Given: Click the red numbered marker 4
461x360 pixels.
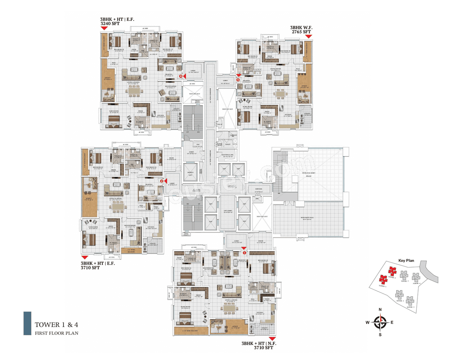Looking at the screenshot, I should [x=181, y=76].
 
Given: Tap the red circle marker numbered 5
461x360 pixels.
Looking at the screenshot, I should [x=238, y=80].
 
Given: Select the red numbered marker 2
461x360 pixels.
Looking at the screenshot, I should [x=162, y=181].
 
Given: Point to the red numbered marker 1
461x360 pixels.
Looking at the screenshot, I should [x=244, y=253].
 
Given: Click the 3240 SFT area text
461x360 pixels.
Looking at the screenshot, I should [x=110, y=24].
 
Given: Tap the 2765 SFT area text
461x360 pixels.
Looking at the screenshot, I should [x=301, y=32].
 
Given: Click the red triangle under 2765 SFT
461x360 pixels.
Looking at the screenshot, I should [x=308, y=36].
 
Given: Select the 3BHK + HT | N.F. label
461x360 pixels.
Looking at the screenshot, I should [x=259, y=343].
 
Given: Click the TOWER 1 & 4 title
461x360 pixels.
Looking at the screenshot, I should [x=57, y=325].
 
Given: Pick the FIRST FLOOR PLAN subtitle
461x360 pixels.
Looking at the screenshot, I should [x=57, y=333].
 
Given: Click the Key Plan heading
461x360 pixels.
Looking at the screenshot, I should [x=406, y=260].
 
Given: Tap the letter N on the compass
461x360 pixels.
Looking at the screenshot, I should [x=380, y=310].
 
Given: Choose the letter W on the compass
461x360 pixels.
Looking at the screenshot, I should [x=368, y=323].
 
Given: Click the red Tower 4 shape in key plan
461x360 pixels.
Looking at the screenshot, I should [x=392, y=271].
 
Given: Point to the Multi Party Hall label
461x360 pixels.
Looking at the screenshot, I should [x=307, y=218].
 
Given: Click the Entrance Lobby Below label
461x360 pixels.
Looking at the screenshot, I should [x=309, y=174].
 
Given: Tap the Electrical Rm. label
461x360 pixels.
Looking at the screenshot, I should [x=228, y=156].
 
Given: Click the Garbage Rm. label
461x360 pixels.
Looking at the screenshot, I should [x=233, y=136].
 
